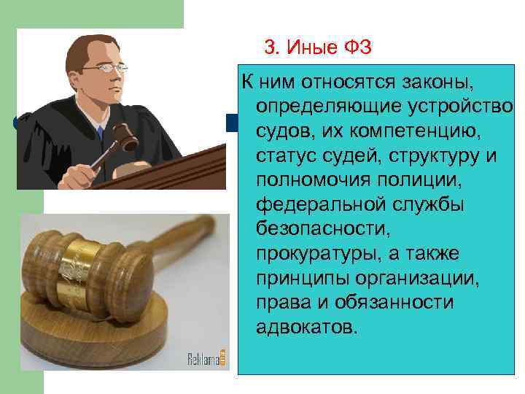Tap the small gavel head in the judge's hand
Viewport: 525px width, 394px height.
[128, 134]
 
